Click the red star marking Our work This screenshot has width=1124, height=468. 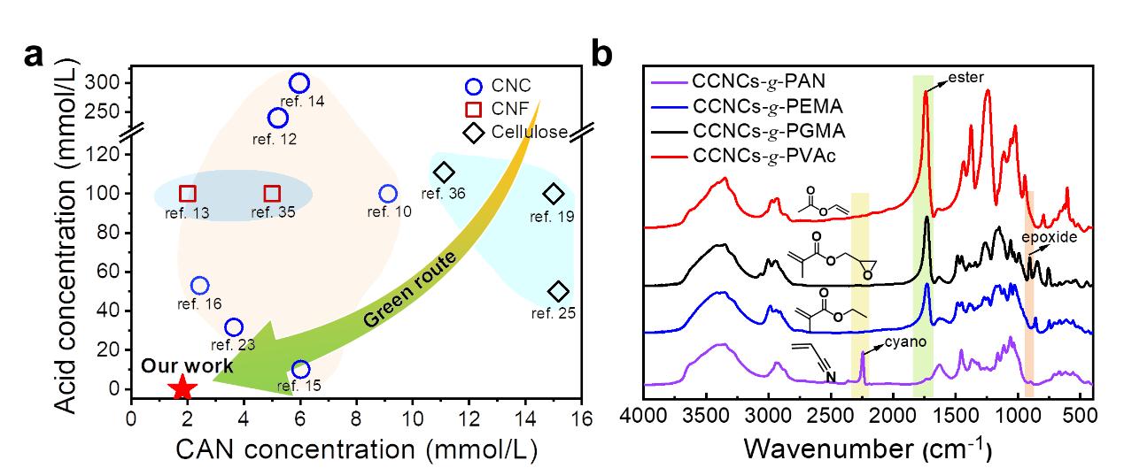coord(182,387)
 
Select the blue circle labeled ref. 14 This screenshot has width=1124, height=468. coord(299,83)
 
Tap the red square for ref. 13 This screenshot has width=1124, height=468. coord(188,194)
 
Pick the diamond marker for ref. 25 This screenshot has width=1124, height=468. coord(558,292)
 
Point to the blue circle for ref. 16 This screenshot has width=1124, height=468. coord(200,285)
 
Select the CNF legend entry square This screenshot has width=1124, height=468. coord(474,110)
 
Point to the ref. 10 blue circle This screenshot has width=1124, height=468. coord(388,194)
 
